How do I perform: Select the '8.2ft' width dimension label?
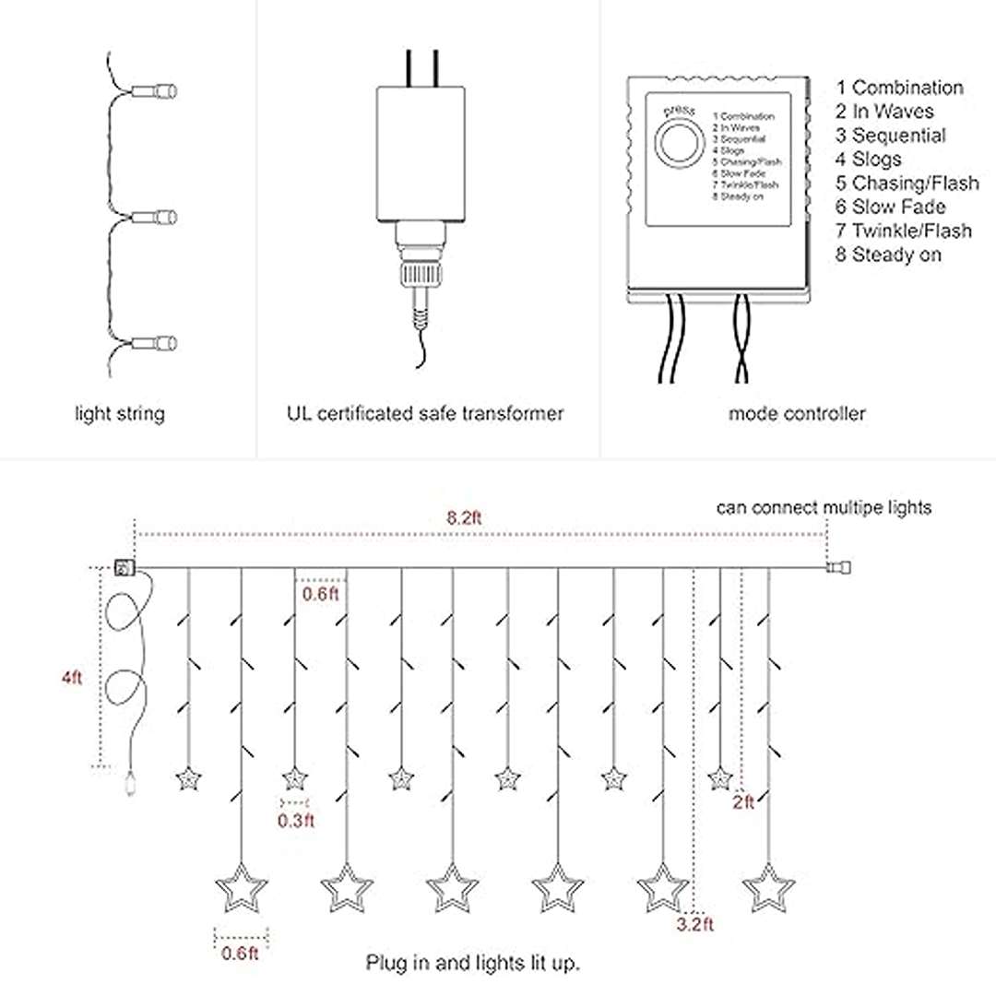(464, 517)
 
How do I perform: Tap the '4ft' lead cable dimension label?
(72, 678)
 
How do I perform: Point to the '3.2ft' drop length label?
(694, 924)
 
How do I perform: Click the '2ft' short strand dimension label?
(743, 802)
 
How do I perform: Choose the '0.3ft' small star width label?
(296, 820)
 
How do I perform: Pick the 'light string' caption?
(120, 414)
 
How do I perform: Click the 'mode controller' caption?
(797, 414)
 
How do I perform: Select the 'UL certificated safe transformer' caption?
(425, 414)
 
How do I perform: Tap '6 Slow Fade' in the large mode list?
(891, 207)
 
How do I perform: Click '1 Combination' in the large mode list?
(900, 88)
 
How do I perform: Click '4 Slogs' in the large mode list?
(869, 159)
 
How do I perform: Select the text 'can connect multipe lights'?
(824, 507)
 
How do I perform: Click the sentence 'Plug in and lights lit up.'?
(473, 964)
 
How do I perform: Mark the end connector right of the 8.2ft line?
(839, 568)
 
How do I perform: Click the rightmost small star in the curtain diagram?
(719, 779)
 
